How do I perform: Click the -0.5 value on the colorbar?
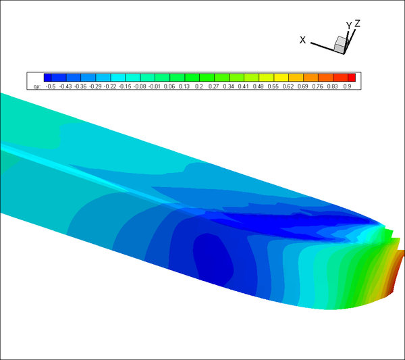point(51,86)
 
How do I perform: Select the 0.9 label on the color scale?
point(347,86)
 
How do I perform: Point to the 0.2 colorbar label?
point(199,86)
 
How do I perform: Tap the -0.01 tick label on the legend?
point(155,86)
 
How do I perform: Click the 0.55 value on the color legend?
point(273,86)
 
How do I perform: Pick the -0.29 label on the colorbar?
point(95,86)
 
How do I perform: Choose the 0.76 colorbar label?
point(317,86)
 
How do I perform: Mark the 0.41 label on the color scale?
point(243,86)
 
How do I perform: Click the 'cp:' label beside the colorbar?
point(37,87)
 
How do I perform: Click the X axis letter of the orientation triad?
point(302,40)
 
